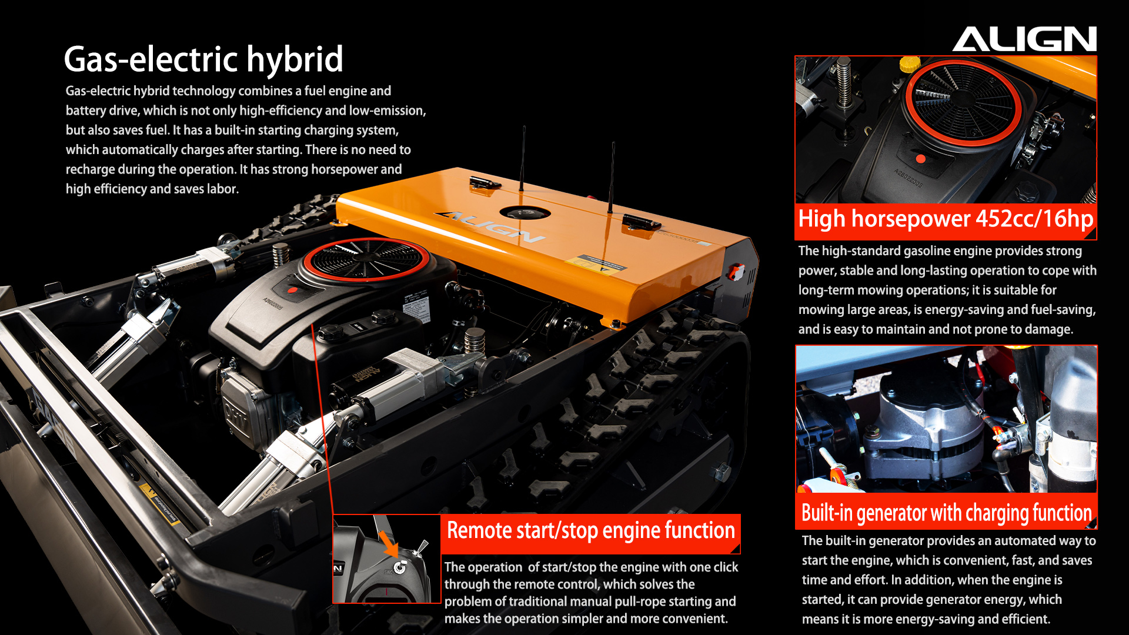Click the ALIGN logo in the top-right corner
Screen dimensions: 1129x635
click(1024, 39)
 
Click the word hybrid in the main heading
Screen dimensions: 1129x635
click(295, 60)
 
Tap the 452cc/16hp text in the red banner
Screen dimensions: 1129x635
click(1034, 219)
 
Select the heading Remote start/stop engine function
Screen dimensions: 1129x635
click(591, 530)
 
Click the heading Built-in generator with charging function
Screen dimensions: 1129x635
click(947, 513)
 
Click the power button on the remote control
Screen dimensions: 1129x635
click(400, 567)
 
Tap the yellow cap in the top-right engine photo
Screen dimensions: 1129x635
click(910, 63)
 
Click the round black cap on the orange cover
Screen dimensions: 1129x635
click(525, 213)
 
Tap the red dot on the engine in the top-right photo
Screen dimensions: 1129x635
click(921, 159)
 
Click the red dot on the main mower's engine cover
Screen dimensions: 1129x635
click(293, 290)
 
